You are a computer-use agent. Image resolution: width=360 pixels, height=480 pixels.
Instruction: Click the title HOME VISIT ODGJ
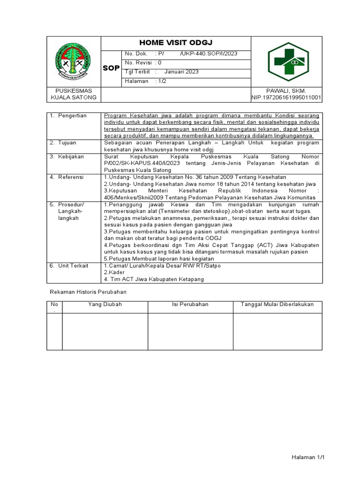[176, 43]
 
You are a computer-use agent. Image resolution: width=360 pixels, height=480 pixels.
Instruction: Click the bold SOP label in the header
[111, 68]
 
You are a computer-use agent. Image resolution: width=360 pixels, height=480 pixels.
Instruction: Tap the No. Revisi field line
[143, 62]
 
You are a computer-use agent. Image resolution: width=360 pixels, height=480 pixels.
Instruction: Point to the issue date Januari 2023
[181, 72]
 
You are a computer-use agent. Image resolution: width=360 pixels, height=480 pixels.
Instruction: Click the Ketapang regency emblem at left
[74, 61]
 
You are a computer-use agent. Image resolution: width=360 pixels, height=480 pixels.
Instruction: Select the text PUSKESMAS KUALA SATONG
[74, 94]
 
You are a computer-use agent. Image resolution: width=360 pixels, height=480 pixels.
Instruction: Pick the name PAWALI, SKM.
[286, 90]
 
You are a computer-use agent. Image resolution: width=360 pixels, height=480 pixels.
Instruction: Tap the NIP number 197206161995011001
[286, 97]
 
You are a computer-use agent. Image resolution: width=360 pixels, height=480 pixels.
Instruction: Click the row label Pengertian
[72, 116]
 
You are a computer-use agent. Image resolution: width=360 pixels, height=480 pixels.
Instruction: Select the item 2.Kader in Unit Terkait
[113, 272]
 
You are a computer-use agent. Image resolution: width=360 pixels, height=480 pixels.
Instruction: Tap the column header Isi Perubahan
[190, 305]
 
